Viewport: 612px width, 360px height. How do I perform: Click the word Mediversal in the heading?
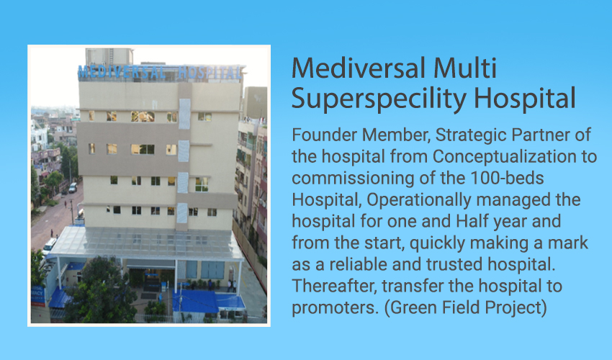(x=359, y=68)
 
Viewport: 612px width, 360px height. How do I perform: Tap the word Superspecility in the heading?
(x=379, y=99)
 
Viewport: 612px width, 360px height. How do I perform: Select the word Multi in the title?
(x=465, y=68)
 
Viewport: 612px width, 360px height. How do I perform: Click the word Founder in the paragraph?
(x=323, y=135)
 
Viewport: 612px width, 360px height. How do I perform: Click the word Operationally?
(x=418, y=200)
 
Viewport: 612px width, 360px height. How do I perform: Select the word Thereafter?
(x=335, y=287)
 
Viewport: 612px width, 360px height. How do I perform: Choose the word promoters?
(x=336, y=308)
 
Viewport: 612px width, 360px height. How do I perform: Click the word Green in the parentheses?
(x=415, y=307)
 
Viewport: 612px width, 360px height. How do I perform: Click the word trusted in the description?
(x=454, y=264)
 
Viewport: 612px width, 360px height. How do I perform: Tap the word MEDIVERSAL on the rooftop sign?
(x=122, y=72)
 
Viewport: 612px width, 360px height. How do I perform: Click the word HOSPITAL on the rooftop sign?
(x=210, y=73)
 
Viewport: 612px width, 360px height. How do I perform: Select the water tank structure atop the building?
(x=109, y=57)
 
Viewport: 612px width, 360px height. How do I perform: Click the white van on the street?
(x=49, y=246)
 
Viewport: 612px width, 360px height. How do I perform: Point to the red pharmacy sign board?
(x=38, y=296)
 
